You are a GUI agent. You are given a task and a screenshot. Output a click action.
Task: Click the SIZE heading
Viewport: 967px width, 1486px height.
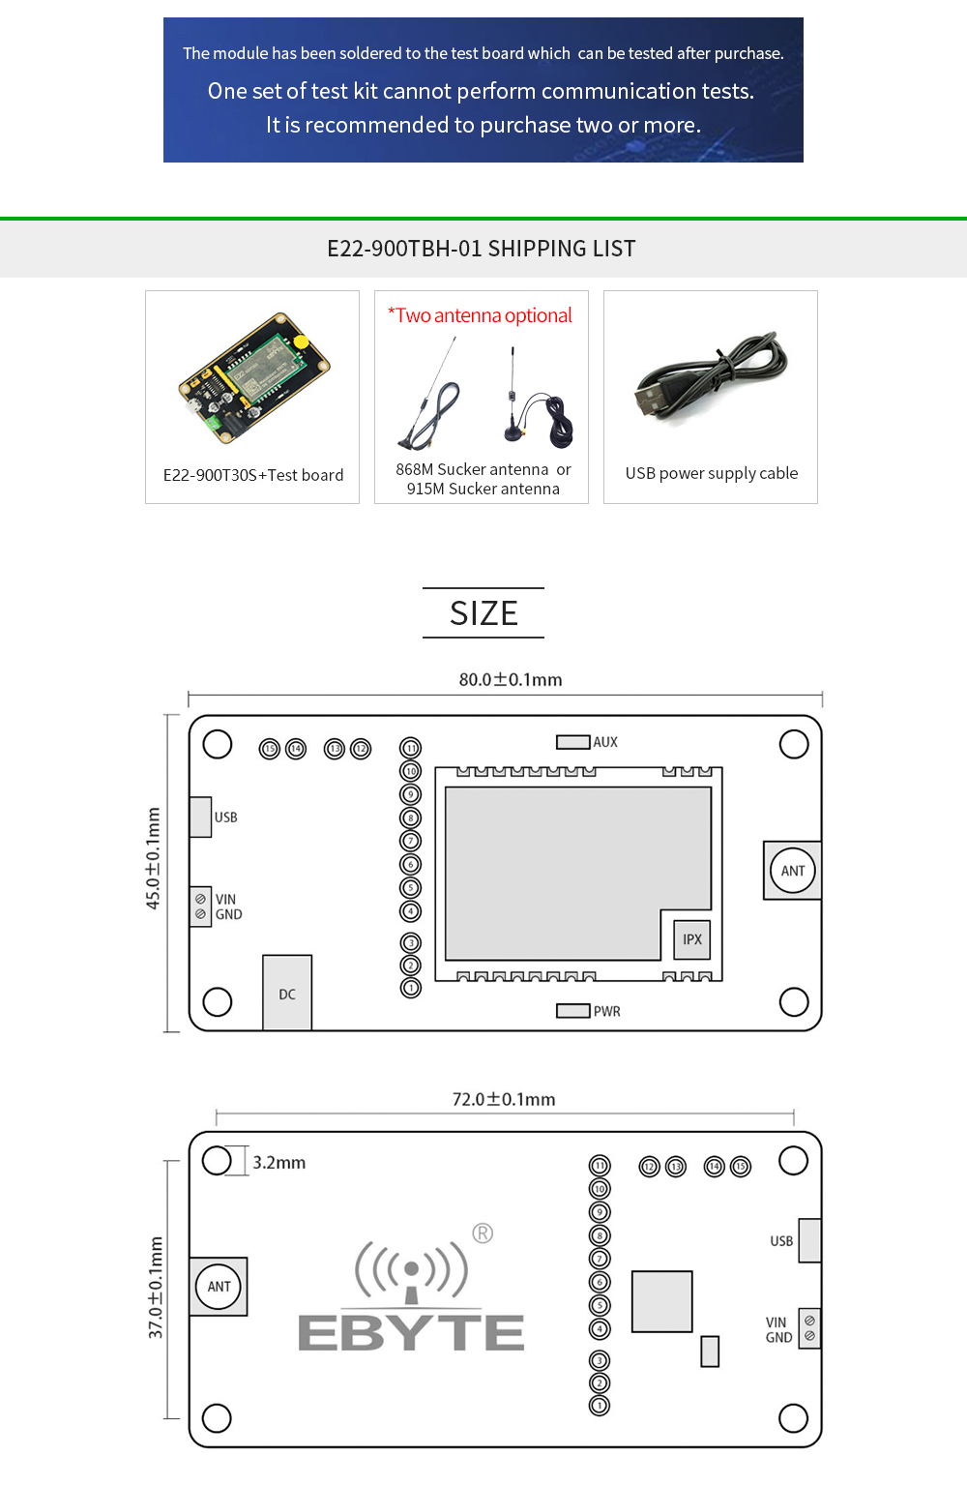pyautogui.click(x=483, y=613)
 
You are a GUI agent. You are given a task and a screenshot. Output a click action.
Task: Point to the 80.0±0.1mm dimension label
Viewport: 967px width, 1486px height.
pyautogui.click(x=511, y=679)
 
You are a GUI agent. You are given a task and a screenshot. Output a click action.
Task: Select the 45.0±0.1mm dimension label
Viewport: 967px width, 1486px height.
pyautogui.click(x=153, y=858)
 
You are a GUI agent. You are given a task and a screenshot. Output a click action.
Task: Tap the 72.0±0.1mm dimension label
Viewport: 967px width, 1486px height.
pyautogui.click(x=504, y=1099)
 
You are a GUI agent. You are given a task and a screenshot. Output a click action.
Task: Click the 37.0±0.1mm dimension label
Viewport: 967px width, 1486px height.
pyautogui.click(x=156, y=1288)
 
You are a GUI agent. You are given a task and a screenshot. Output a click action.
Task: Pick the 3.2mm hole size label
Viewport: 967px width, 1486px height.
pyautogui.click(x=279, y=1162)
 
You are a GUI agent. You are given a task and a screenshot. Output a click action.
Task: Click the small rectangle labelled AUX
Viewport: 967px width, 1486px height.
pyautogui.click(x=572, y=742)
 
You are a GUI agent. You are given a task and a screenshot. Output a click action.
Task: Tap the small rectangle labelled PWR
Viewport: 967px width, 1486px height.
pyautogui.click(x=572, y=1011)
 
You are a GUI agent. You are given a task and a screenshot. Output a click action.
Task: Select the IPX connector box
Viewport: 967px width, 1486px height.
pyautogui.click(x=692, y=939)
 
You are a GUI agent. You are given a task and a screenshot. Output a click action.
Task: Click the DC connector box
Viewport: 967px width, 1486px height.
pyautogui.click(x=287, y=994)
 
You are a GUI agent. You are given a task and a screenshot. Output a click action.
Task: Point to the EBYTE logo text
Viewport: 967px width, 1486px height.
pyautogui.click(x=411, y=1332)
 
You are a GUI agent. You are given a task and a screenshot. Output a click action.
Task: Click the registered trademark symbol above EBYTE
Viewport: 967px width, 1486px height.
pyautogui.click(x=483, y=1233)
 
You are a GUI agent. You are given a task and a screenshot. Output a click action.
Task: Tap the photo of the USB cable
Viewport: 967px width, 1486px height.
pyautogui.click(x=712, y=379)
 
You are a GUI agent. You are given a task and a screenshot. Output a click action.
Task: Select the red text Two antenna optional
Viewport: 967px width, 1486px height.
pyautogui.click(x=481, y=315)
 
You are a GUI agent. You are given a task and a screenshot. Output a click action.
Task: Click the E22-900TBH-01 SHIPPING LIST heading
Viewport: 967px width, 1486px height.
pyautogui.click(x=482, y=249)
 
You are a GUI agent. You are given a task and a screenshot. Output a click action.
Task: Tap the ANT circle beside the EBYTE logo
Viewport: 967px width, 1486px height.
pyautogui.click(x=220, y=1287)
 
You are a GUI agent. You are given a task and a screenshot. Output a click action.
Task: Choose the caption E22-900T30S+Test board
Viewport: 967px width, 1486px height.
pyautogui.click(x=253, y=475)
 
